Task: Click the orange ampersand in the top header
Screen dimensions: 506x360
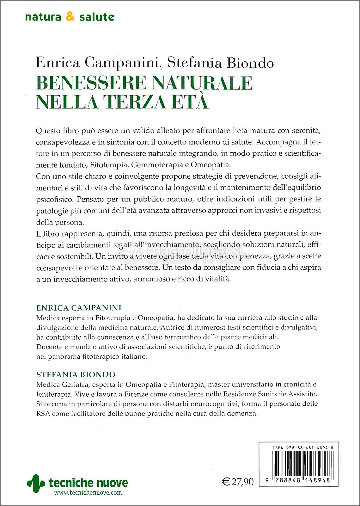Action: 70,17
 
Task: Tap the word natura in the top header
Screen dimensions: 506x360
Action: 43,17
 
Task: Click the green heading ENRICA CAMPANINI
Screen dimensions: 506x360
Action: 79,308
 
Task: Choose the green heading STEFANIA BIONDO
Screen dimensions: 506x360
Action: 76,375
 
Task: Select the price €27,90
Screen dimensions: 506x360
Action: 238,482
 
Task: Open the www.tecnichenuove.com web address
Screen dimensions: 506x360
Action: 88,492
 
